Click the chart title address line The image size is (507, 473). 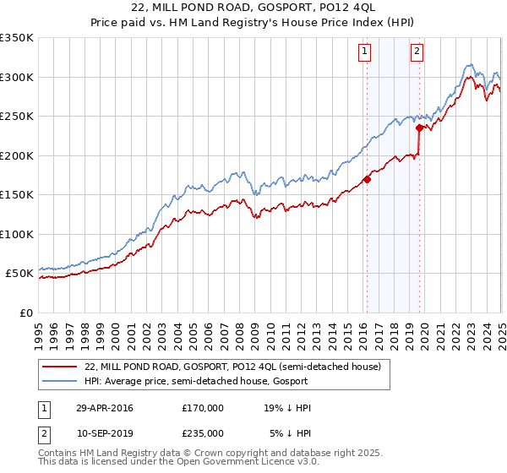pos(253,8)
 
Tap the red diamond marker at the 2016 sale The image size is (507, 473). pos(367,179)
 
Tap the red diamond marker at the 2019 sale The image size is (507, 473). pos(419,128)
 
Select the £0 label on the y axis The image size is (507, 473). pos(25,313)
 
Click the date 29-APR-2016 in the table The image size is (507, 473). pos(104,408)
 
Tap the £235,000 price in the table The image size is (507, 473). pos(203,432)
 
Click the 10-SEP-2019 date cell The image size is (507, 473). pos(104,432)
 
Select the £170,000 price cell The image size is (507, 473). pos(203,408)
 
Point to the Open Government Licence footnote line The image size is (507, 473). pos(178,463)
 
